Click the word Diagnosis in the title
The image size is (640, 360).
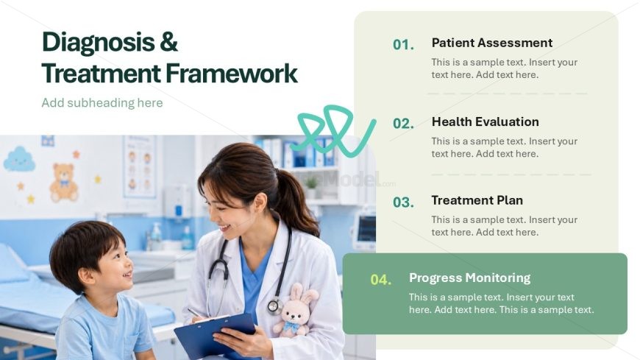point(99,43)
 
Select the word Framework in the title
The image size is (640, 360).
point(232,74)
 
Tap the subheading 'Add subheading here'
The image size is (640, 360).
point(102,102)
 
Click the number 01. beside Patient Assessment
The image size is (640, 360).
point(403,45)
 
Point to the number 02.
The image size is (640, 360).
point(403,124)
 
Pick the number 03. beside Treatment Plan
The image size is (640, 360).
point(403,202)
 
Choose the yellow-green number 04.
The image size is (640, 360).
point(380,280)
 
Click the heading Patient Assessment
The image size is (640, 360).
point(492,43)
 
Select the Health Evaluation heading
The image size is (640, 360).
point(486,121)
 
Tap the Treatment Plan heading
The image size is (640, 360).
point(477,200)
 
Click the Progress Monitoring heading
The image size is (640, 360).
point(470,278)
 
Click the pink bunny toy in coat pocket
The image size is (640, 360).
point(295,311)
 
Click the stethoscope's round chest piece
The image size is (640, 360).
point(274,306)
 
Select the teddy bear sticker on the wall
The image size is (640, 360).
point(64,183)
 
